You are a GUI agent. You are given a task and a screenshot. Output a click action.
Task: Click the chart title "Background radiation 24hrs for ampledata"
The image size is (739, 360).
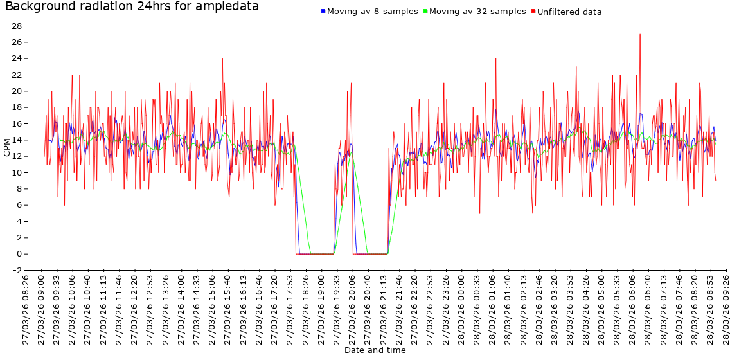coord(132,7)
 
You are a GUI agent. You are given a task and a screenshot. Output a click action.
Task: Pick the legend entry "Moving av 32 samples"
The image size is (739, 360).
coord(477,12)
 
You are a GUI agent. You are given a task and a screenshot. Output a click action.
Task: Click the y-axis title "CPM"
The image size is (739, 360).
coord(7,148)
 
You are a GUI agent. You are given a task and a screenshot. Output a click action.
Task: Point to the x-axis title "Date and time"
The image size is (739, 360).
coord(375,350)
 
